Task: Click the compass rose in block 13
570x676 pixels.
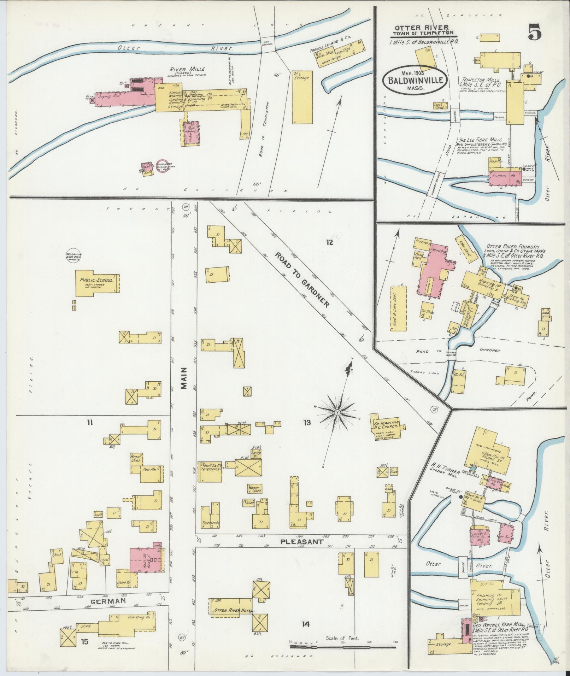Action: click(337, 412)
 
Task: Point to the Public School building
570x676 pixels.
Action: click(98, 283)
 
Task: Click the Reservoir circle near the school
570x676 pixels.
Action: click(73, 256)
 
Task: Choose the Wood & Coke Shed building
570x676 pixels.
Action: click(398, 308)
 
